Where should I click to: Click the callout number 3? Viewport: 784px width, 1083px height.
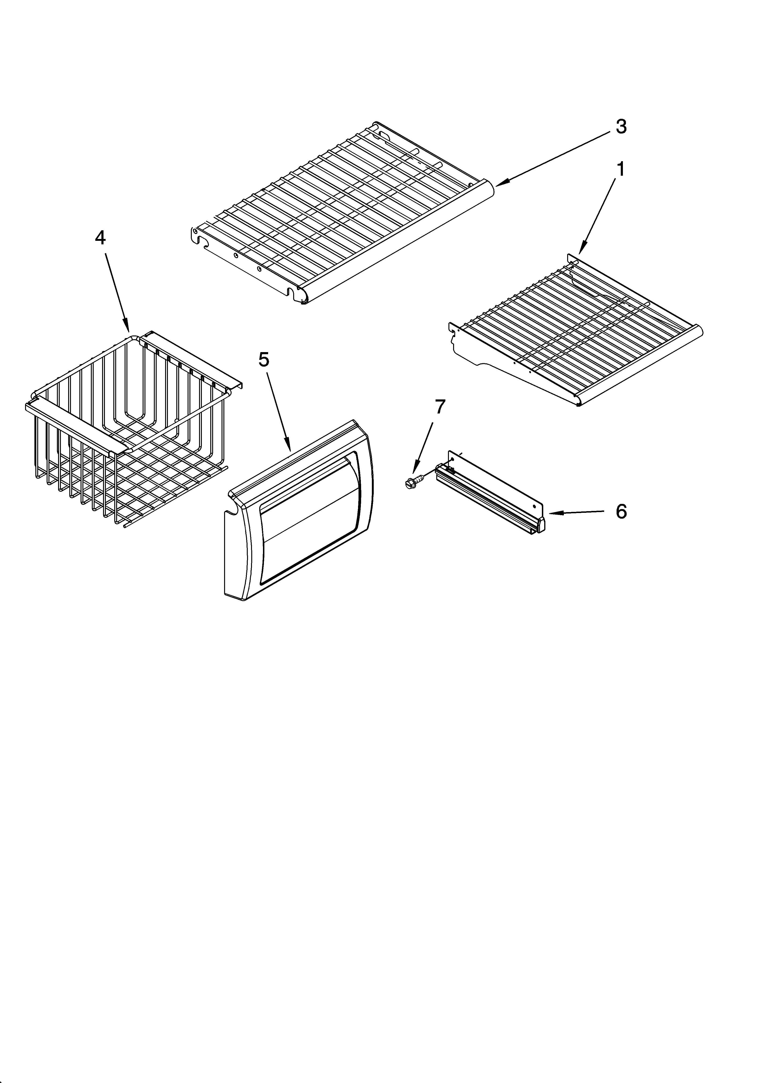pyautogui.click(x=621, y=127)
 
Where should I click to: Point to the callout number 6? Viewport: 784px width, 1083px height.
pyautogui.click(x=621, y=511)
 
